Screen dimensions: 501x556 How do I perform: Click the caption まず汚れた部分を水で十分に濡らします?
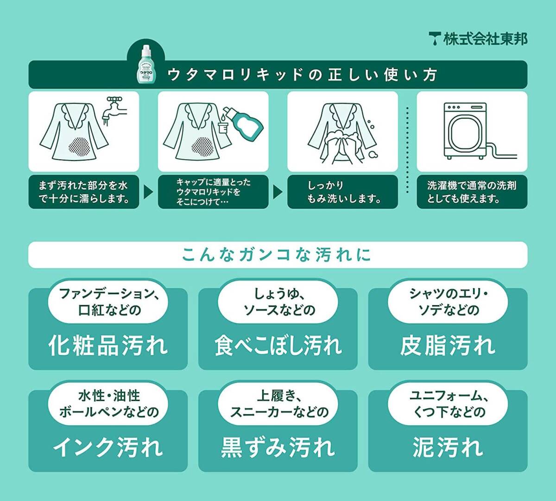click(x=83, y=192)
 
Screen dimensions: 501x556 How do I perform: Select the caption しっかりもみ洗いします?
click(x=343, y=192)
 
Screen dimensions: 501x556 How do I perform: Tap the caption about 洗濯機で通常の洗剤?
click(x=472, y=192)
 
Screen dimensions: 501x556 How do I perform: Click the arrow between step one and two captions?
click(x=148, y=192)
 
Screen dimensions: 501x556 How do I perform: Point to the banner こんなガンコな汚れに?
click(x=278, y=255)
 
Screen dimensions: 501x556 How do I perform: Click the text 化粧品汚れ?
click(x=108, y=346)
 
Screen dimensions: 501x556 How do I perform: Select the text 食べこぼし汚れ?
click(x=278, y=346)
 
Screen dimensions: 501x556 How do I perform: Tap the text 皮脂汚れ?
click(x=448, y=346)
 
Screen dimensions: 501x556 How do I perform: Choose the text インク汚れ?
click(x=108, y=447)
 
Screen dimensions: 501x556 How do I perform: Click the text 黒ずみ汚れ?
click(x=278, y=447)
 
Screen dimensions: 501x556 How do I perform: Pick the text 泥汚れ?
click(x=448, y=447)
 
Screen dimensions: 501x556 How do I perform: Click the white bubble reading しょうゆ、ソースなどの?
click(x=278, y=302)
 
